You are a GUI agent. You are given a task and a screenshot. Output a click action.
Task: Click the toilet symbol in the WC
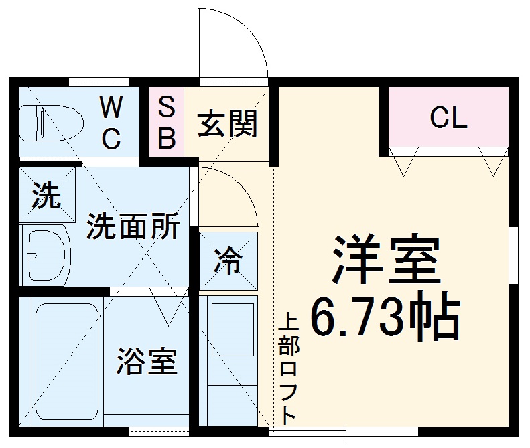pos(50,124)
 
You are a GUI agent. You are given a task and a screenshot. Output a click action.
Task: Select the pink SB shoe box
pos(166,123)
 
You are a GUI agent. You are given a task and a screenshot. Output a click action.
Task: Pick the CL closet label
pos(448,119)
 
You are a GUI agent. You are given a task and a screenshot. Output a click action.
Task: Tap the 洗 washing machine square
pos(47,195)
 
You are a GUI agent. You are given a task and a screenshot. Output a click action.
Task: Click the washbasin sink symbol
pos(46,255)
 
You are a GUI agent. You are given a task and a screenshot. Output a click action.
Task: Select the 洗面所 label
pos(133,228)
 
